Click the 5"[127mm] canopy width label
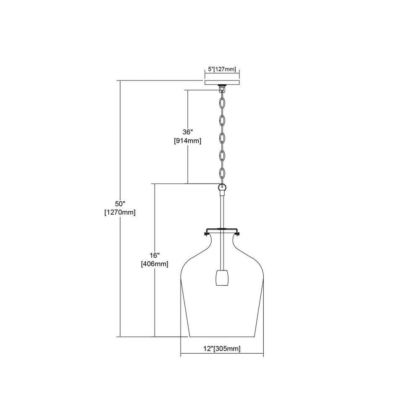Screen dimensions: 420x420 (x=222, y=69)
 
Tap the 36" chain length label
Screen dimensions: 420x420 (x=187, y=132)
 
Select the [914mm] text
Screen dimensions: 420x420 (x=187, y=141)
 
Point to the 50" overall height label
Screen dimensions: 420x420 (x=120, y=204)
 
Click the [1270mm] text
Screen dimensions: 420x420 (x=120, y=213)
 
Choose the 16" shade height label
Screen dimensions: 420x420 (x=155, y=255)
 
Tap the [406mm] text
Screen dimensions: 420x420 (x=155, y=264)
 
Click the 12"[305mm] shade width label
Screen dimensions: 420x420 (x=222, y=349)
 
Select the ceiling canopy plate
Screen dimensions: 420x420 (x=222, y=82)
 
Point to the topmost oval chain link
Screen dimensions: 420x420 (x=222, y=103)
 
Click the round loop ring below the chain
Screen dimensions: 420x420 (x=222, y=187)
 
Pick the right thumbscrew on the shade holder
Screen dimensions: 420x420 (x=238, y=234)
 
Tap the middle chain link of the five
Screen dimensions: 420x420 (x=222, y=138)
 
